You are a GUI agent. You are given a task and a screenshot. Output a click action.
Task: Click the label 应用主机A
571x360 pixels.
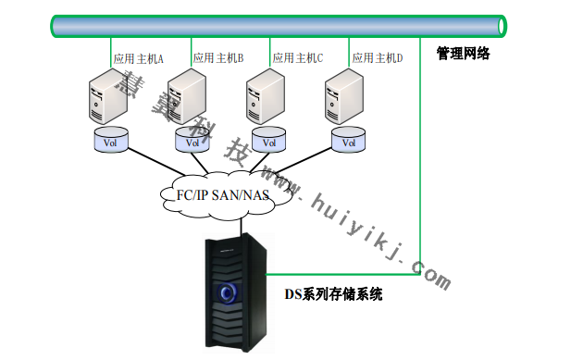point(138,58)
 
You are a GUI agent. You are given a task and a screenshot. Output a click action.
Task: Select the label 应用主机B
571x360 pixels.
point(217,58)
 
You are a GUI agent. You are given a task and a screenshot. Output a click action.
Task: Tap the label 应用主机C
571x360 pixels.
point(297,58)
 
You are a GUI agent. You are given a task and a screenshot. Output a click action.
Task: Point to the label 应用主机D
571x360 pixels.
point(377,58)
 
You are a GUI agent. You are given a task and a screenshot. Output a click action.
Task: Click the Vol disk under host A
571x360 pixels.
point(111,143)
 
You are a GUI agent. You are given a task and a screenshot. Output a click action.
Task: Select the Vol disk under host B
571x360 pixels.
point(192,143)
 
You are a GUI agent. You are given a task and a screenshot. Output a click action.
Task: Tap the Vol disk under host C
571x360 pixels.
point(270,143)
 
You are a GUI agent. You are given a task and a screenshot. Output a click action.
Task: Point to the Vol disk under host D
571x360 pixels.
point(349,143)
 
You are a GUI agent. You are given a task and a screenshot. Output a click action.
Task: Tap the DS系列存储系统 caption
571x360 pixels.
point(334,294)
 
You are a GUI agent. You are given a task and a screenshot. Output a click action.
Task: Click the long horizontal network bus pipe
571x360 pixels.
point(278,26)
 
